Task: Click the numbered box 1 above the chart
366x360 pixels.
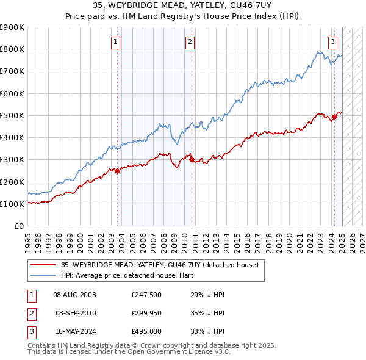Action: coord(116,42)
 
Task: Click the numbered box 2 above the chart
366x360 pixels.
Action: coord(190,42)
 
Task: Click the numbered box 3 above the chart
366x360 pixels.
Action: coord(332,42)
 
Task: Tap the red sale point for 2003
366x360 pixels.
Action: coord(118,171)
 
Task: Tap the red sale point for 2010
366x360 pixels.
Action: coord(192,160)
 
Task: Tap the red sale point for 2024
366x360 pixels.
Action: coord(334,117)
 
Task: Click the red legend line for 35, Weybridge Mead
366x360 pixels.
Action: coord(43,265)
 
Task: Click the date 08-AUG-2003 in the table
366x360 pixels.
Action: coord(74,295)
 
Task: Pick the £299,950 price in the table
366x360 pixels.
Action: coord(146,313)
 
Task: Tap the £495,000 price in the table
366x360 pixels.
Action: coord(146,331)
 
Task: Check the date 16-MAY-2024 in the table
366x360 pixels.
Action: coord(74,331)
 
